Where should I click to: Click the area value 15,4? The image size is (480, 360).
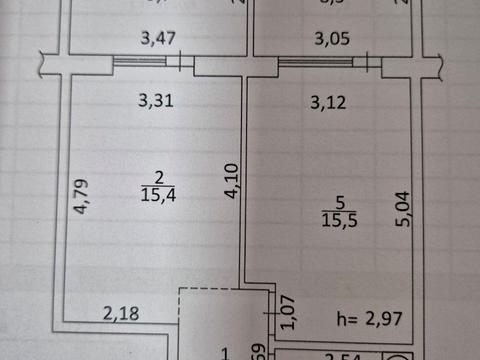158,195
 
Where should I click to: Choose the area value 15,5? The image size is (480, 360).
335,217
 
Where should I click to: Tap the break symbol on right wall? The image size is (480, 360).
437,63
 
